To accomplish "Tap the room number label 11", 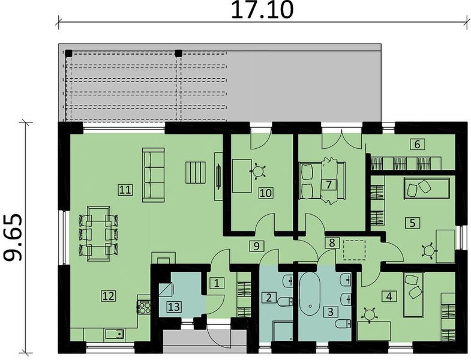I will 125,190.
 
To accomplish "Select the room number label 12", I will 108,295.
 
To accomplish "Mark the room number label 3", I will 329,312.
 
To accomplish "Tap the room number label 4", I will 390,296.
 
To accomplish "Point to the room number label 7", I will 328,184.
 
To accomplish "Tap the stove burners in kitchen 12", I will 145,307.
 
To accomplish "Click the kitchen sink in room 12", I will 113,335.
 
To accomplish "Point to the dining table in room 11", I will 95,233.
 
